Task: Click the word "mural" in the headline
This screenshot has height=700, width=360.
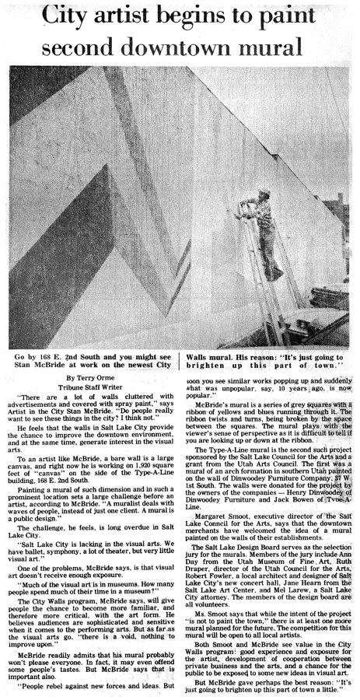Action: click(x=273, y=46)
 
